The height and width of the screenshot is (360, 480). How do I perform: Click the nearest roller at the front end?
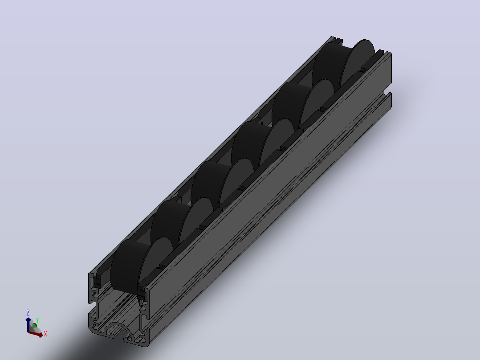[141, 265]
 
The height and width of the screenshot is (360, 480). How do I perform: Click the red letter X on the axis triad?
[45, 334]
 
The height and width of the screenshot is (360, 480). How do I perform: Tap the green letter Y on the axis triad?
[37, 320]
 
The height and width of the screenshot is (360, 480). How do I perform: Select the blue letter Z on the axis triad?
[28, 312]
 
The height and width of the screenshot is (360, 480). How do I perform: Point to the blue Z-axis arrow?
[28, 324]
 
